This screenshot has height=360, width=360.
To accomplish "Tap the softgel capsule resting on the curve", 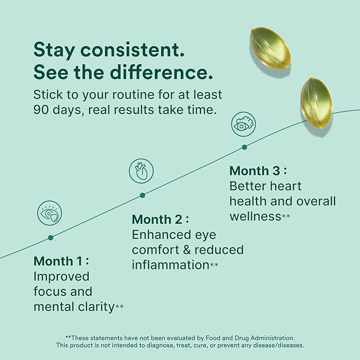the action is [317, 103].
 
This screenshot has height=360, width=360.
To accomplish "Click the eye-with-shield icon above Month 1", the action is [50, 213].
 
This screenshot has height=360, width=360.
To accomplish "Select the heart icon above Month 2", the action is [141, 171].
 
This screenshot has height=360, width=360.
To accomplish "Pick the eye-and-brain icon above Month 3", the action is [243, 124].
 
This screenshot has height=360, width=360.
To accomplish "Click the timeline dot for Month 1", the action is [51, 238].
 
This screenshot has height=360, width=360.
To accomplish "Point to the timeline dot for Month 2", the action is [142, 196].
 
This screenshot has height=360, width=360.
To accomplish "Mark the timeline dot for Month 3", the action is [244, 147].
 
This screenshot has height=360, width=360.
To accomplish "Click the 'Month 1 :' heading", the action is [62, 261].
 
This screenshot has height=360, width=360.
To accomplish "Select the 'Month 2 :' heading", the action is [161, 219].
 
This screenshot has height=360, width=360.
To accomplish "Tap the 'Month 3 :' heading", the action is [258, 171].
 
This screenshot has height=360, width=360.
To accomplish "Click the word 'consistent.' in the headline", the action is [132, 50].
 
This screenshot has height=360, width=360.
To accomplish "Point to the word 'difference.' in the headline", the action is [161, 72].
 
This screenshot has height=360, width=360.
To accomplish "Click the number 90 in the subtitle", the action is [41, 110].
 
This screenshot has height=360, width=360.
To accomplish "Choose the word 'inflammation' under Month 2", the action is [171, 265].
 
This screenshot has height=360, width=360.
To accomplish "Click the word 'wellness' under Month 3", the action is [256, 216].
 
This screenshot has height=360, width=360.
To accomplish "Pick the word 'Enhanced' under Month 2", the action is [161, 235].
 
